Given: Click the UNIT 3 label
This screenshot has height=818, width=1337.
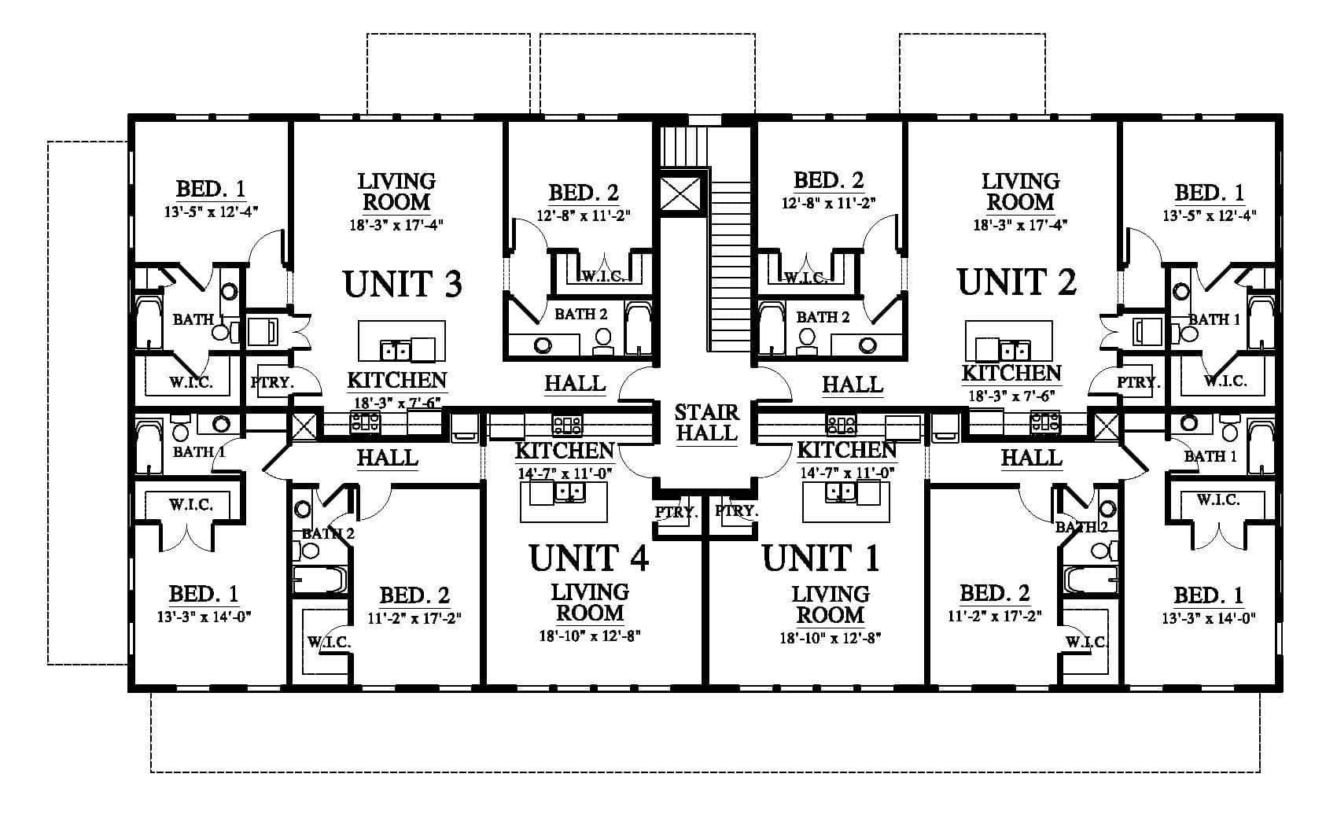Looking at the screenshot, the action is [403, 284].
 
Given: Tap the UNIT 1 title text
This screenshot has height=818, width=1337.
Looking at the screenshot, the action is [821, 558].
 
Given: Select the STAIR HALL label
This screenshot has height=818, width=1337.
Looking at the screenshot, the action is [707, 422].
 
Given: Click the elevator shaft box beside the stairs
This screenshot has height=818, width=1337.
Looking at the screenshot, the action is [680, 190].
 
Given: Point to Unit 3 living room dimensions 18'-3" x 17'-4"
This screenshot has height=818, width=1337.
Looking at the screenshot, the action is [396, 225].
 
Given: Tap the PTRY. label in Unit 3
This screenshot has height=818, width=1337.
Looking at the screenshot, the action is [272, 382].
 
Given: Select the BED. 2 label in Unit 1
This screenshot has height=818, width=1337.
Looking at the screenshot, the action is [994, 594].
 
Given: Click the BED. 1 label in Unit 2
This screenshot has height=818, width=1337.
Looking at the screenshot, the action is [1210, 193].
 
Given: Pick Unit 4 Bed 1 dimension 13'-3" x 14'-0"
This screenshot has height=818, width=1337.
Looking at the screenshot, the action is [204, 617].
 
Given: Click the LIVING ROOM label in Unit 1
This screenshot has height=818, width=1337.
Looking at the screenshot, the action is [831, 604].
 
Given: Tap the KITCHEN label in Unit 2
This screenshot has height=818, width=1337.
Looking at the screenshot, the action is [1011, 373].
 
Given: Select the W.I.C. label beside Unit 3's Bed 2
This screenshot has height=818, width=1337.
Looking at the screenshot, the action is [603, 276].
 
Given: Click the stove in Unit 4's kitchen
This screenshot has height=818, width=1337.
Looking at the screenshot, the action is [567, 425].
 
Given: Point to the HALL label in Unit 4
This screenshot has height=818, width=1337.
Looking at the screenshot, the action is [388, 458].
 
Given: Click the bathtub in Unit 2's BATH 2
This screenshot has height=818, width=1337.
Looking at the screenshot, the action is [772, 329].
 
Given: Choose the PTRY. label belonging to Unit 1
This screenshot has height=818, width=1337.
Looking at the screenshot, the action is [737, 511].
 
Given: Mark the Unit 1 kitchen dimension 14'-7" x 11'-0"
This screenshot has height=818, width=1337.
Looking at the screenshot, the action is [847, 473].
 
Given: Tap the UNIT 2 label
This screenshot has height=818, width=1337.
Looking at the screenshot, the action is [1017, 282].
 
